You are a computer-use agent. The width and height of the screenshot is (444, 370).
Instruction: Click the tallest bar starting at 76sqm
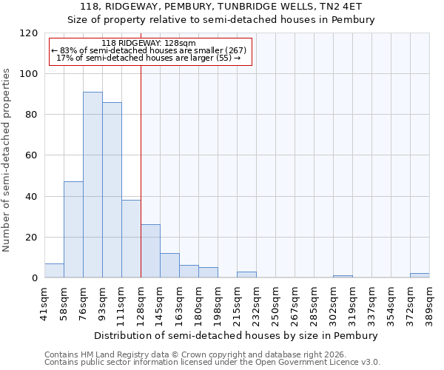(92, 185)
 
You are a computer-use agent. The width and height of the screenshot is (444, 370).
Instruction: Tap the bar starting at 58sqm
(73, 229)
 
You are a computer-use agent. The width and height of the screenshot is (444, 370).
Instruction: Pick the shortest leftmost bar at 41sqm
(54, 271)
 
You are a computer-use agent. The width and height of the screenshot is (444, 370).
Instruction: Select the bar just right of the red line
(150, 252)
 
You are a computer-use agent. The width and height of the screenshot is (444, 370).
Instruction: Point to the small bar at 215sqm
(246, 275)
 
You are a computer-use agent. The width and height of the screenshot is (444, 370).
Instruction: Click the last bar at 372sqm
(420, 275)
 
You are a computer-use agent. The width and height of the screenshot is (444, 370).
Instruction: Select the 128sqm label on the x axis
(141, 301)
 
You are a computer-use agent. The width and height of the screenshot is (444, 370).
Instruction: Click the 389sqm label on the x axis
(430, 301)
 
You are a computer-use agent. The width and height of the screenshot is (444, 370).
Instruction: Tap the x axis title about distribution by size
(237, 335)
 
